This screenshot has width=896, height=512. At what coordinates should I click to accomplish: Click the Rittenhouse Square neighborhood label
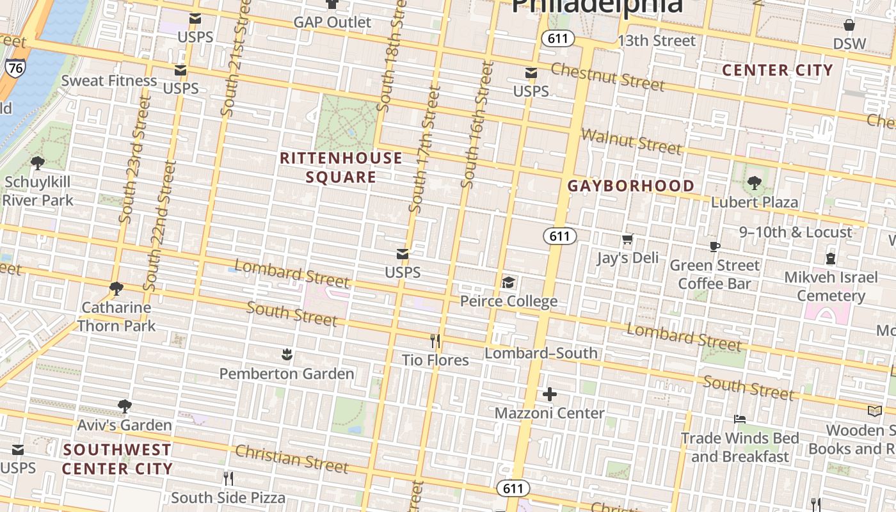341,168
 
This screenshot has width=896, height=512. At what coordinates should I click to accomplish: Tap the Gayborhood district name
631,186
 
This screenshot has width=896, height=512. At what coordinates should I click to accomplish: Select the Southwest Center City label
117,460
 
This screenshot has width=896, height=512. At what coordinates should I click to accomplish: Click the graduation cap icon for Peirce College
508,282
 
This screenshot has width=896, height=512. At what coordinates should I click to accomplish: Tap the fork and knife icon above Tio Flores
435,340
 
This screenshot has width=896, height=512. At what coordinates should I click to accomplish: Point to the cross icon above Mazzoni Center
549,394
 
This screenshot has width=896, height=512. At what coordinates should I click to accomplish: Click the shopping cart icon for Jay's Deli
627,239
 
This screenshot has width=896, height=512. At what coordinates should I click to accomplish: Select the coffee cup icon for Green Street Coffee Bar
715,246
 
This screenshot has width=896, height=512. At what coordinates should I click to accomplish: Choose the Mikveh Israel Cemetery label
831,286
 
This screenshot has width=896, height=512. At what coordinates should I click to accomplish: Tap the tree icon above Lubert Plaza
755,183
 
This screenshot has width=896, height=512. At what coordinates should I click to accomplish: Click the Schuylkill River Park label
38,191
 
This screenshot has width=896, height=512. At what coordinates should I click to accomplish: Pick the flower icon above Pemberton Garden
287,354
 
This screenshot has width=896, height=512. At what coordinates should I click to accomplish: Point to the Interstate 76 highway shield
15,68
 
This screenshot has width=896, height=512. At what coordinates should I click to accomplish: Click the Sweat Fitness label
109,81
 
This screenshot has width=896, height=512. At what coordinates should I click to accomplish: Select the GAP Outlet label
332,22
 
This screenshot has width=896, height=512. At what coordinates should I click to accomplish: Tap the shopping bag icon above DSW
849,25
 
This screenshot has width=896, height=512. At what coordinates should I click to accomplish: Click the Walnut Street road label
631,141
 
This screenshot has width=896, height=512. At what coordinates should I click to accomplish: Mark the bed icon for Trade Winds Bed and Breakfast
740,419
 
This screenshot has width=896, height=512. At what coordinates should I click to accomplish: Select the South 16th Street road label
477,125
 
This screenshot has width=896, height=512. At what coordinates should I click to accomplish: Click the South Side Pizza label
228,497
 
